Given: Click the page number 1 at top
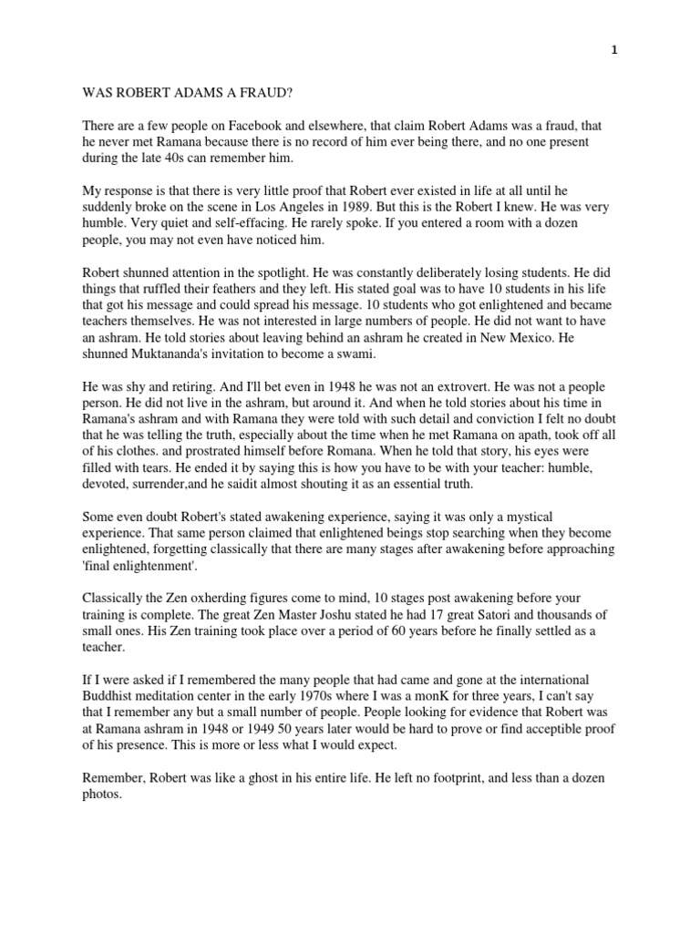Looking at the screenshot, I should [x=615, y=51].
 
